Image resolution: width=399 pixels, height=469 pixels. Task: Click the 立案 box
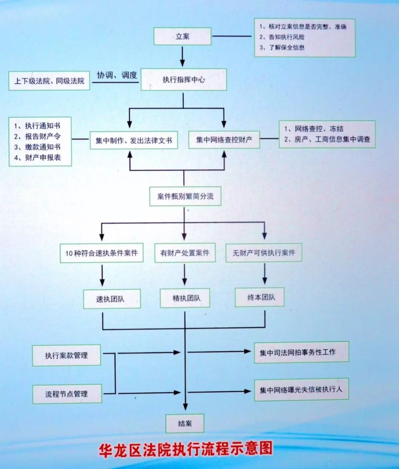[x=183, y=36]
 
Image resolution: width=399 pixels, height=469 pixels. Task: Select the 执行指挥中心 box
[x=184, y=79]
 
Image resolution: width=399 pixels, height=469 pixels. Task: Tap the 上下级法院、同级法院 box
[x=49, y=81]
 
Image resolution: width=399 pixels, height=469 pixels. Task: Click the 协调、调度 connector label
[x=117, y=75]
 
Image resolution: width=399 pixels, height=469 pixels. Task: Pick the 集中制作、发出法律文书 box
[x=134, y=140]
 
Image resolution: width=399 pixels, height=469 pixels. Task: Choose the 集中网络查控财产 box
[x=224, y=140]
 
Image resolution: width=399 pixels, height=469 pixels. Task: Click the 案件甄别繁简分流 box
[x=185, y=196]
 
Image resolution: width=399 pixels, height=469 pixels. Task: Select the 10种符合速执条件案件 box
[x=102, y=253]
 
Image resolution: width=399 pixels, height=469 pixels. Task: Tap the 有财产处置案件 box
[x=185, y=252]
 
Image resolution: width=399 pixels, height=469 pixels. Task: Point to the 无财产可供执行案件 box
[x=264, y=252]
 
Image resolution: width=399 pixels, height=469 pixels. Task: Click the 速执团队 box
[x=112, y=299]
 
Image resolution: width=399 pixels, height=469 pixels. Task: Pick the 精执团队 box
[x=185, y=298]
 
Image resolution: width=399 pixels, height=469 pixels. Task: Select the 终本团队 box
[x=260, y=297]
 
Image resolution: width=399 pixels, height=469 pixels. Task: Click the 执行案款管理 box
[x=66, y=355]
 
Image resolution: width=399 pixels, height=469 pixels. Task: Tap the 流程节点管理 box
[x=67, y=394]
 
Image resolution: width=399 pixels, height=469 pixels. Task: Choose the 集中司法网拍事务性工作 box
[x=301, y=352]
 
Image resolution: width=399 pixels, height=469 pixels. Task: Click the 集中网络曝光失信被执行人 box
[x=301, y=390]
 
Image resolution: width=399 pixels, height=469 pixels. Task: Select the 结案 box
[x=185, y=424]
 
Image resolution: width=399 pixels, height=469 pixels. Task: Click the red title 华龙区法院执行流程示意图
[x=185, y=449]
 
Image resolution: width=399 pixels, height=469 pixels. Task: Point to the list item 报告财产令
[x=37, y=136]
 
